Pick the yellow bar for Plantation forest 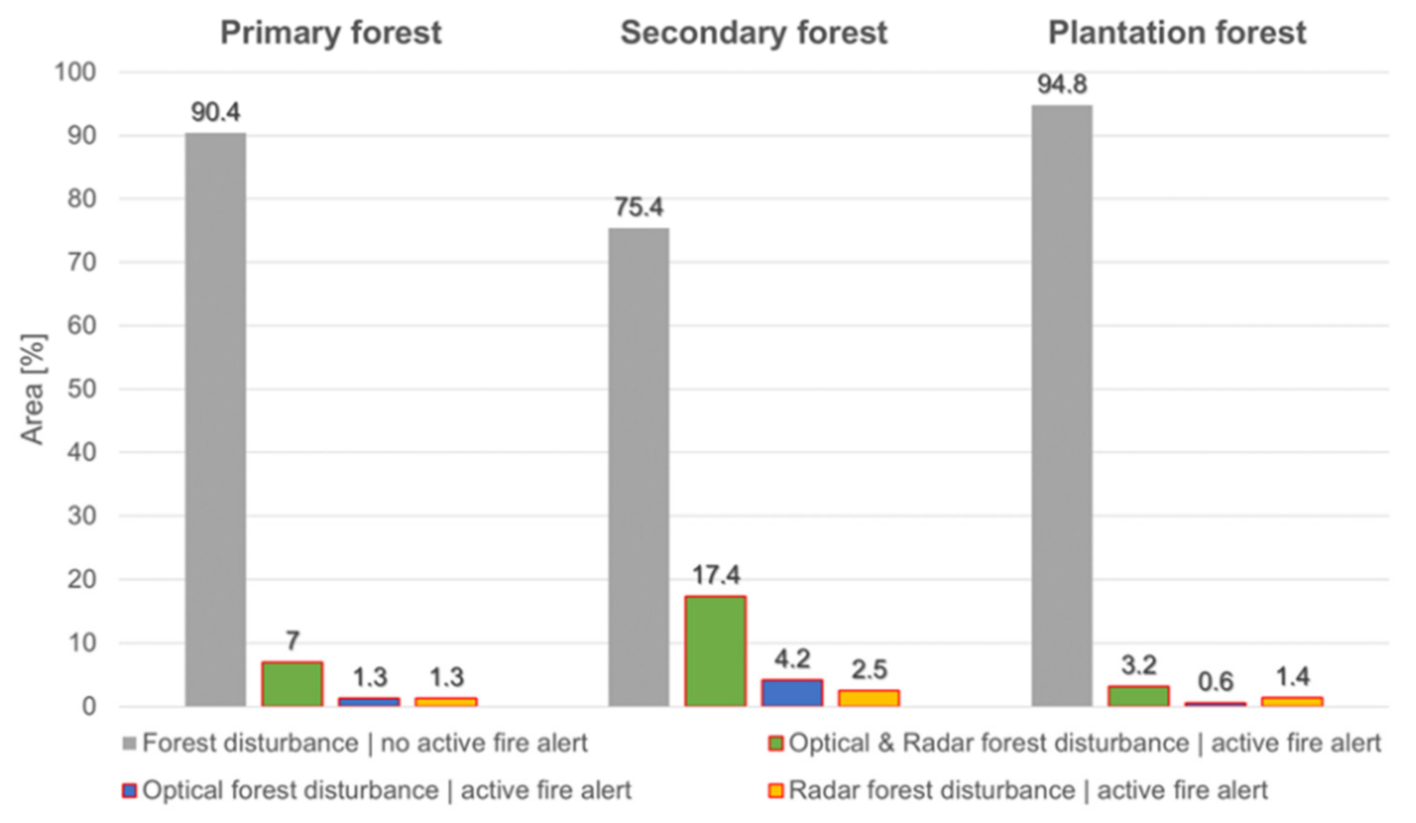coord(1292,701)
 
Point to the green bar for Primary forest coord(292,684)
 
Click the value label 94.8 coord(1062,85)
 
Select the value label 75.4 coord(639,207)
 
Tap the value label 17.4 coord(716,575)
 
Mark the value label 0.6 coord(1215,682)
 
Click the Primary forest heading coord(330,33)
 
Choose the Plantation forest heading coord(1177,33)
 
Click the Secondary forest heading coord(754,33)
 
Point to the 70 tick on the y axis coord(82,262)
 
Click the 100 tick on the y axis coord(75,72)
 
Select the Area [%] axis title coord(33,389)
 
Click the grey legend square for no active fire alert coord(130,744)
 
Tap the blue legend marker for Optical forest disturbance coord(130,791)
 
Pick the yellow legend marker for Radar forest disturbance coord(776,791)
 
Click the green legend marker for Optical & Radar coord(776,744)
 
